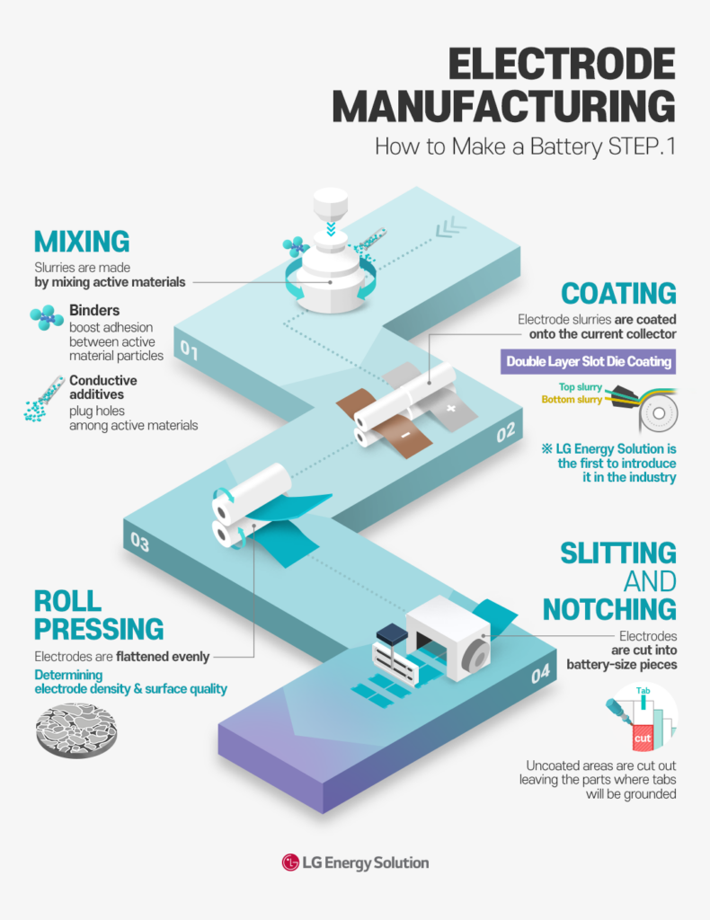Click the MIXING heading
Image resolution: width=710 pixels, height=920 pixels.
click(x=82, y=241)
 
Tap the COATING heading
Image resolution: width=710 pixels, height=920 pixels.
click(x=618, y=293)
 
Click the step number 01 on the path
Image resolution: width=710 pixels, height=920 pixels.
click(x=190, y=350)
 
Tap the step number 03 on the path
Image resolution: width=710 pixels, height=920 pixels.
click(x=140, y=541)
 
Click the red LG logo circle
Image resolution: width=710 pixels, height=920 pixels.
click(x=290, y=862)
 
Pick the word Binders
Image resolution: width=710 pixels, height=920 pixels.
click(x=93, y=312)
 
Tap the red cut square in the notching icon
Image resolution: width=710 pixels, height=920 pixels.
click(x=642, y=739)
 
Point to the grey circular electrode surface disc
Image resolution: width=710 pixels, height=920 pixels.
click(x=75, y=729)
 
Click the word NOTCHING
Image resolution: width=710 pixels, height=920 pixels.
click(x=609, y=609)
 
